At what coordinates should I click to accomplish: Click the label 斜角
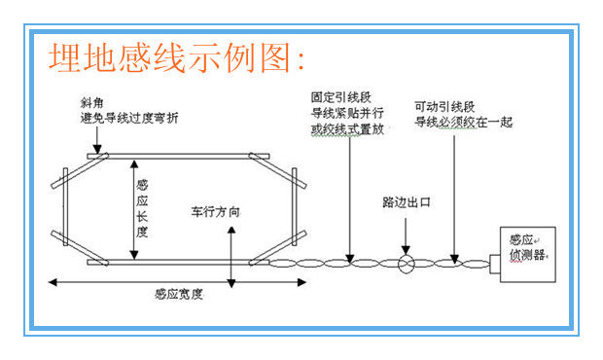pos(92,103)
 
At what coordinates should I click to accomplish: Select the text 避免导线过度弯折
pos(129,118)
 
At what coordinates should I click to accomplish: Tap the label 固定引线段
pos(341,97)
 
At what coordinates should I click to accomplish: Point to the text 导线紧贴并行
pos(347,113)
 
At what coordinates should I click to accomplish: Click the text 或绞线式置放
pos(347,129)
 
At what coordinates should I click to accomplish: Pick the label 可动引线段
pos(444,106)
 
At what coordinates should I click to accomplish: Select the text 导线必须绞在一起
pos(463,123)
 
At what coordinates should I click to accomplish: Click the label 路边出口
pos(407,202)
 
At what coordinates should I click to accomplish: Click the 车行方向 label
pos(215,212)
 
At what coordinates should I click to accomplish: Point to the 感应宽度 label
pos(178,294)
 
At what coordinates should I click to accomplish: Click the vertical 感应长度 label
pos(142,208)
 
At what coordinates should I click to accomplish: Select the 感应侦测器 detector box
pos(527,255)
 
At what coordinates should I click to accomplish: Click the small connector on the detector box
pos(495,264)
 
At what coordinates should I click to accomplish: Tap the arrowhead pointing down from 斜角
pos(97,149)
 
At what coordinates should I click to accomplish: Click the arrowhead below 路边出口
pos(406,250)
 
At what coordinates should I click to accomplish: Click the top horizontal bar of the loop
pos(178,156)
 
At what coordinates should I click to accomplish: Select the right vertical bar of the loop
pos(294,206)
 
